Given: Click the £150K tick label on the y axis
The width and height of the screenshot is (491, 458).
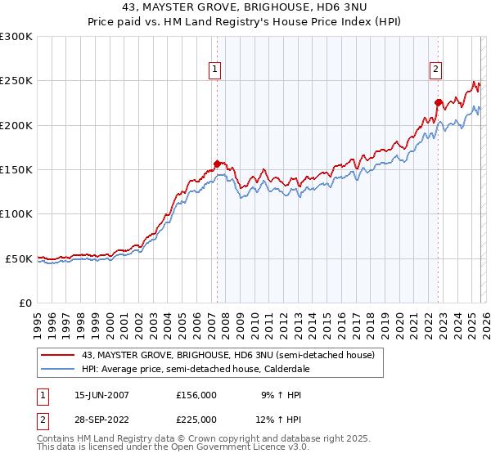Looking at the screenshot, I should point(16,169).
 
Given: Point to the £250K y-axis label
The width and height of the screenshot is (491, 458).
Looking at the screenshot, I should point(16,81).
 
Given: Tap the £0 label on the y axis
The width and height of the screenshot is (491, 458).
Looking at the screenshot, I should point(25,303).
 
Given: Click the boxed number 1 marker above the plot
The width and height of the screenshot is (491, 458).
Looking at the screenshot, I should point(215,70).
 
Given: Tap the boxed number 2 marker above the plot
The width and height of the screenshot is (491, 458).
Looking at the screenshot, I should point(436,70).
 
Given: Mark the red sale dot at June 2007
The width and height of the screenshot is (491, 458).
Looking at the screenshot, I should point(217,164).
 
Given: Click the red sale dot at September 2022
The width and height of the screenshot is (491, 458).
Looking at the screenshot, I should point(438,102).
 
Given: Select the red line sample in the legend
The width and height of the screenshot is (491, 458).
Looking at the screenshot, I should point(57,355).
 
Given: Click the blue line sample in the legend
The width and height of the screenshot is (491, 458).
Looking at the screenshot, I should point(57,369).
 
